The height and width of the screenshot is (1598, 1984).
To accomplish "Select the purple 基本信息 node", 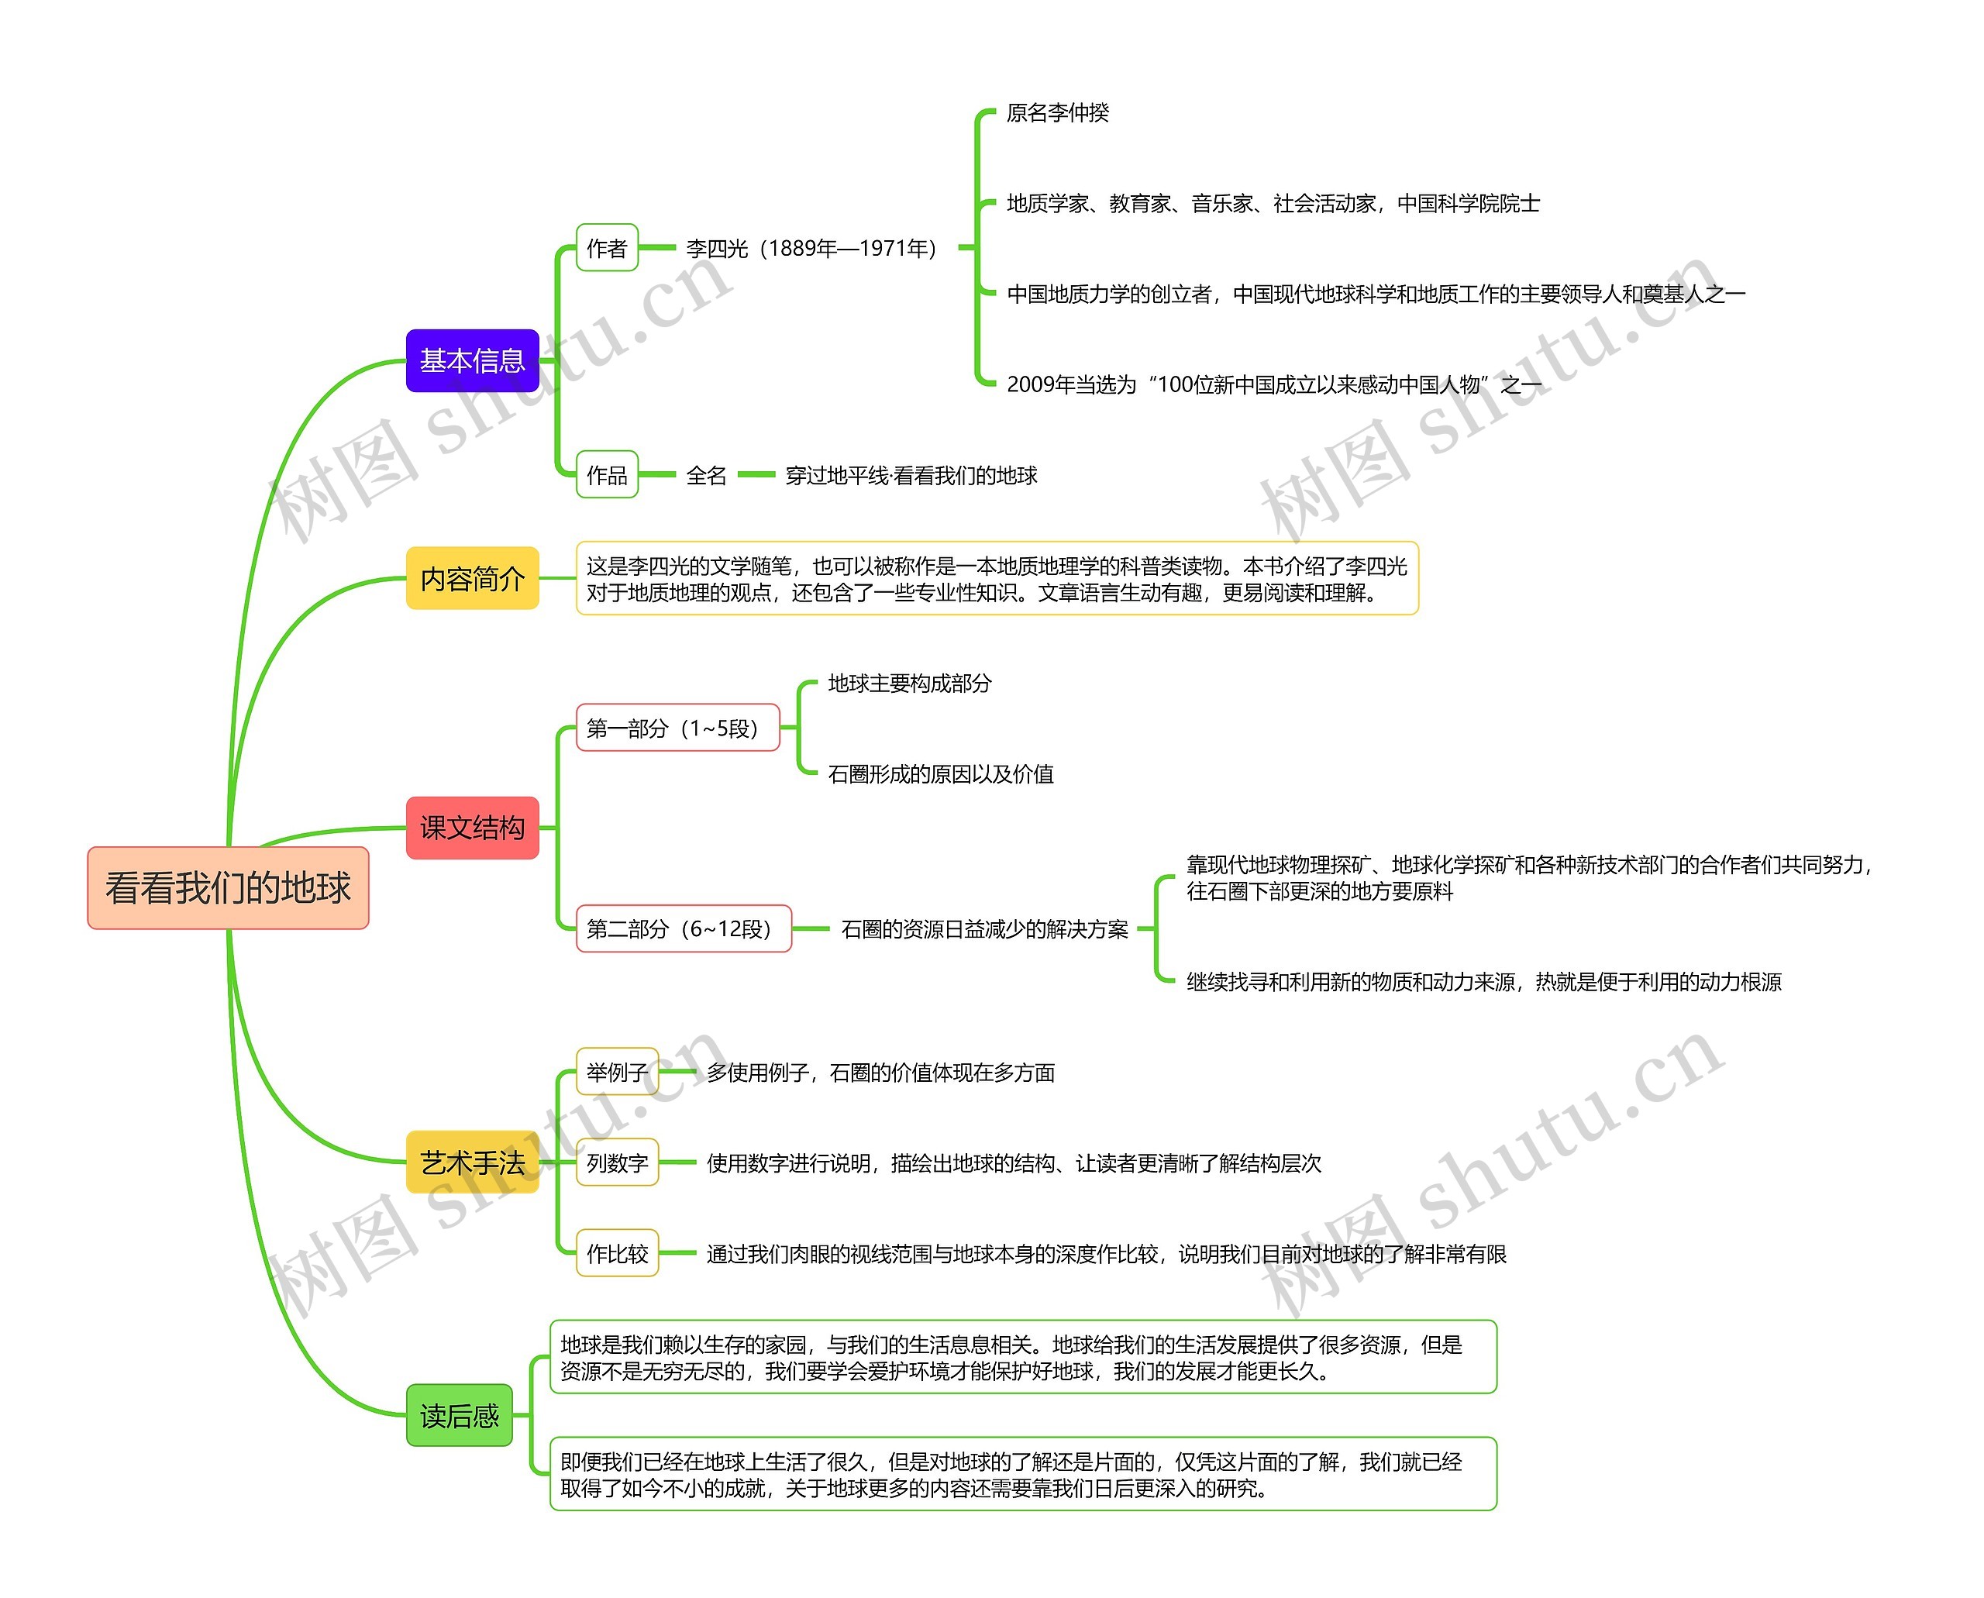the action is [472, 360].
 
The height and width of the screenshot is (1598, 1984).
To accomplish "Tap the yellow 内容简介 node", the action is [472, 578].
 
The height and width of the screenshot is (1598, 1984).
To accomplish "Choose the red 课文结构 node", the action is [472, 828].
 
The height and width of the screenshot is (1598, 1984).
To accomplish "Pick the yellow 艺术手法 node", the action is [472, 1162].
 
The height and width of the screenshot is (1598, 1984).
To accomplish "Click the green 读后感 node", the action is [460, 1415].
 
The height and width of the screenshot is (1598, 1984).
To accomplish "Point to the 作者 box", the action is [607, 248].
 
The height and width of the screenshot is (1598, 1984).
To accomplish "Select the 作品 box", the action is [607, 474].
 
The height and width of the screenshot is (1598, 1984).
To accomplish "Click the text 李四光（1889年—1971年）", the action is [812, 249].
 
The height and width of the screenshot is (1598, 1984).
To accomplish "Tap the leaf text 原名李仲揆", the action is [1058, 112].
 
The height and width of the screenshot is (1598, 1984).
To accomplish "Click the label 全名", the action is [706, 475].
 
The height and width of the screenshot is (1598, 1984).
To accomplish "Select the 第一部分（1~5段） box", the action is [677, 727].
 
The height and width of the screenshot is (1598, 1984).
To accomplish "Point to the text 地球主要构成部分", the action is [910, 683].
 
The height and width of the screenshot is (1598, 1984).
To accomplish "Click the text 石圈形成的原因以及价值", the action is [941, 774].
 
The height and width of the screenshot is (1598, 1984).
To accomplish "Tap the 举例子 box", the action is [618, 1072].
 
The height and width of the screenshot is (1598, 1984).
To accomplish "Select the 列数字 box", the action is [618, 1162].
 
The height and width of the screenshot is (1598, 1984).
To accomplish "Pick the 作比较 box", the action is [618, 1253].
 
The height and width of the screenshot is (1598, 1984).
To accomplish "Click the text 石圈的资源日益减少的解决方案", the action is [984, 928].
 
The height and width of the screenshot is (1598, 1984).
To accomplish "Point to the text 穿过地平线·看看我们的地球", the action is [911, 475].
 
